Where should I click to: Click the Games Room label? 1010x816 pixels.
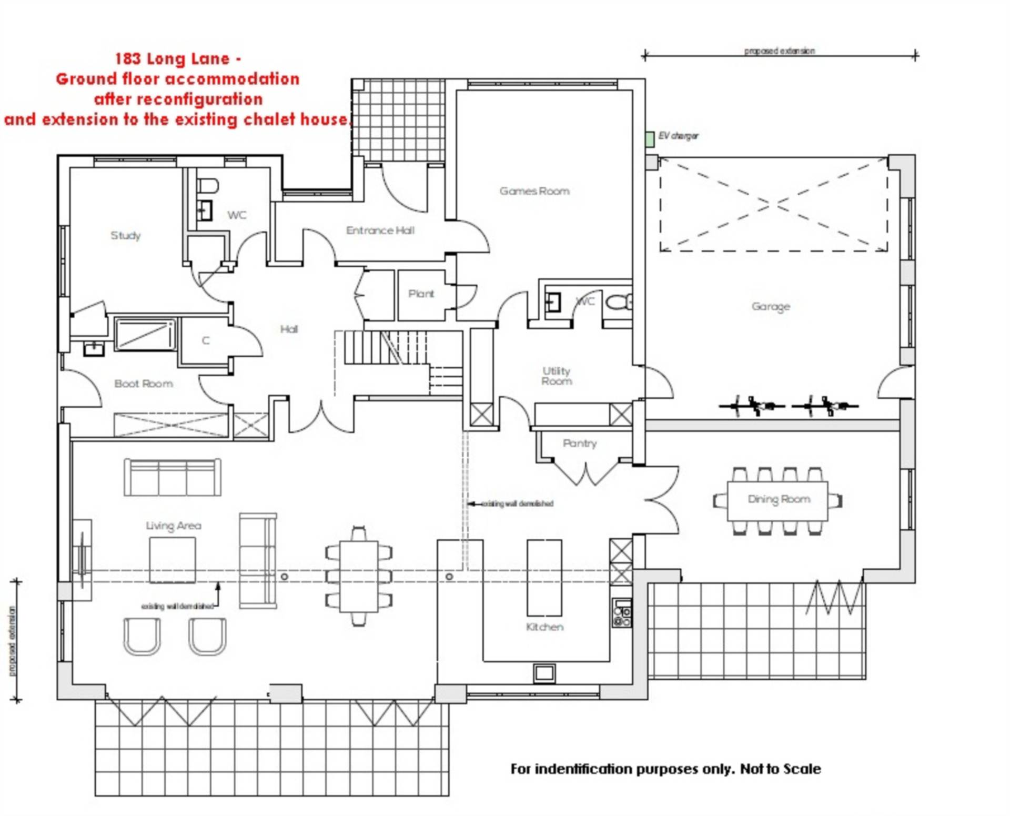pyautogui.click(x=534, y=191)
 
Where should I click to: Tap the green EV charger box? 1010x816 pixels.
pyautogui.click(x=650, y=139)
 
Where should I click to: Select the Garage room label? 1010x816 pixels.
pyautogui.click(x=771, y=306)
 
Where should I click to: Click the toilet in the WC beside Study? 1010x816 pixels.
pyautogui.click(x=208, y=186)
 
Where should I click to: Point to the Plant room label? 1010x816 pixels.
pyautogui.click(x=421, y=294)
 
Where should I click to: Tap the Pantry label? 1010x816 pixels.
pyautogui.click(x=580, y=443)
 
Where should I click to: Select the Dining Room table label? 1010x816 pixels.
pyautogui.click(x=779, y=499)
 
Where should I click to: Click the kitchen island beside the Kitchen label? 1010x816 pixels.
pyautogui.click(x=544, y=577)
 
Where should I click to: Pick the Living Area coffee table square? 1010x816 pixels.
pyautogui.click(x=173, y=560)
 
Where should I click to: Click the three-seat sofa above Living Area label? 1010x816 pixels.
pyautogui.click(x=173, y=477)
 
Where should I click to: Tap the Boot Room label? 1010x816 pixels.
pyautogui.click(x=144, y=384)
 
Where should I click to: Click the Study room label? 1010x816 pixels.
pyautogui.click(x=126, y=235)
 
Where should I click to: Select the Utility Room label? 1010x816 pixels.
pyautogui.click(x=557, y=376)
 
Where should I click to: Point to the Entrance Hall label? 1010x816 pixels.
pyautogui.click(x=380, y=230)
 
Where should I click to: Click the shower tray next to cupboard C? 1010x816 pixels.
pyautogui.click(x=145, y=334)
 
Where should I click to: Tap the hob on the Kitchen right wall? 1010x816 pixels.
pyautogui.click(x=622, y=613)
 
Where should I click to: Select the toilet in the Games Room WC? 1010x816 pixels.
pyautogui.click(x=619, y=303)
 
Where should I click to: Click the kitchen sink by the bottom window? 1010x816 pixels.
pyautogui.click(x=544, y=672)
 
